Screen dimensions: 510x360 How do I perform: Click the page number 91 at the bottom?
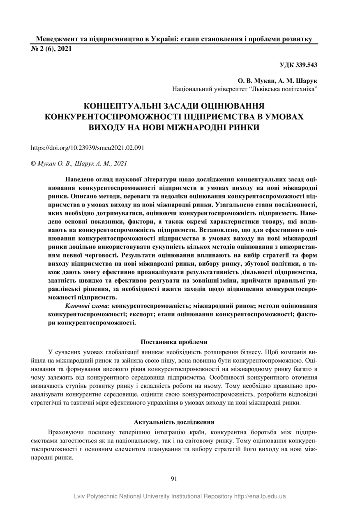point(173,478)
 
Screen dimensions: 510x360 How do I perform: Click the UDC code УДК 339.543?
point(298,65)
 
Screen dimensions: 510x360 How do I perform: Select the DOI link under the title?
point(88,147)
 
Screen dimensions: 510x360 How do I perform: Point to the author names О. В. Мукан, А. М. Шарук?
point(277,81)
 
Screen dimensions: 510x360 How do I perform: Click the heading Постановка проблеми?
point(174,342)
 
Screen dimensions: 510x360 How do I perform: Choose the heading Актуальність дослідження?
point(174,422)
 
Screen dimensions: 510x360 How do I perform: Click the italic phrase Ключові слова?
point(87,306)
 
